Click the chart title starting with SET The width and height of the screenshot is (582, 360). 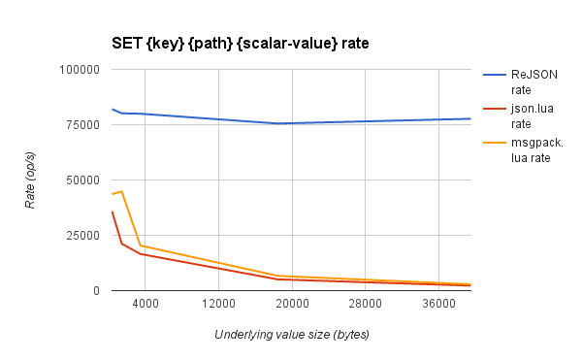coord(225,45)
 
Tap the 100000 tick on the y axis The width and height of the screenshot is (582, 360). coord(80,70)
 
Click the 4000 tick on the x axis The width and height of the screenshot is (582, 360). coord(145,305)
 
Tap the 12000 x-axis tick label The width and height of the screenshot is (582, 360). coord(219,305)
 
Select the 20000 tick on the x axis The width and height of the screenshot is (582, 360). coord(292,305)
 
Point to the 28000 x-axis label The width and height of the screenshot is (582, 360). coord(366,305)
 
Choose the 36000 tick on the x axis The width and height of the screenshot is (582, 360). coord(439,305)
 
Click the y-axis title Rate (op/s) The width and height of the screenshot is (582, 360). coord(30,180)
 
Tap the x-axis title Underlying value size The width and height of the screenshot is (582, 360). coord(292,334)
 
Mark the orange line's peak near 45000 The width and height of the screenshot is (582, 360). coord(121,191)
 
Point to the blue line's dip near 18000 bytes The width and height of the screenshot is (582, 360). coord(278,123)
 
